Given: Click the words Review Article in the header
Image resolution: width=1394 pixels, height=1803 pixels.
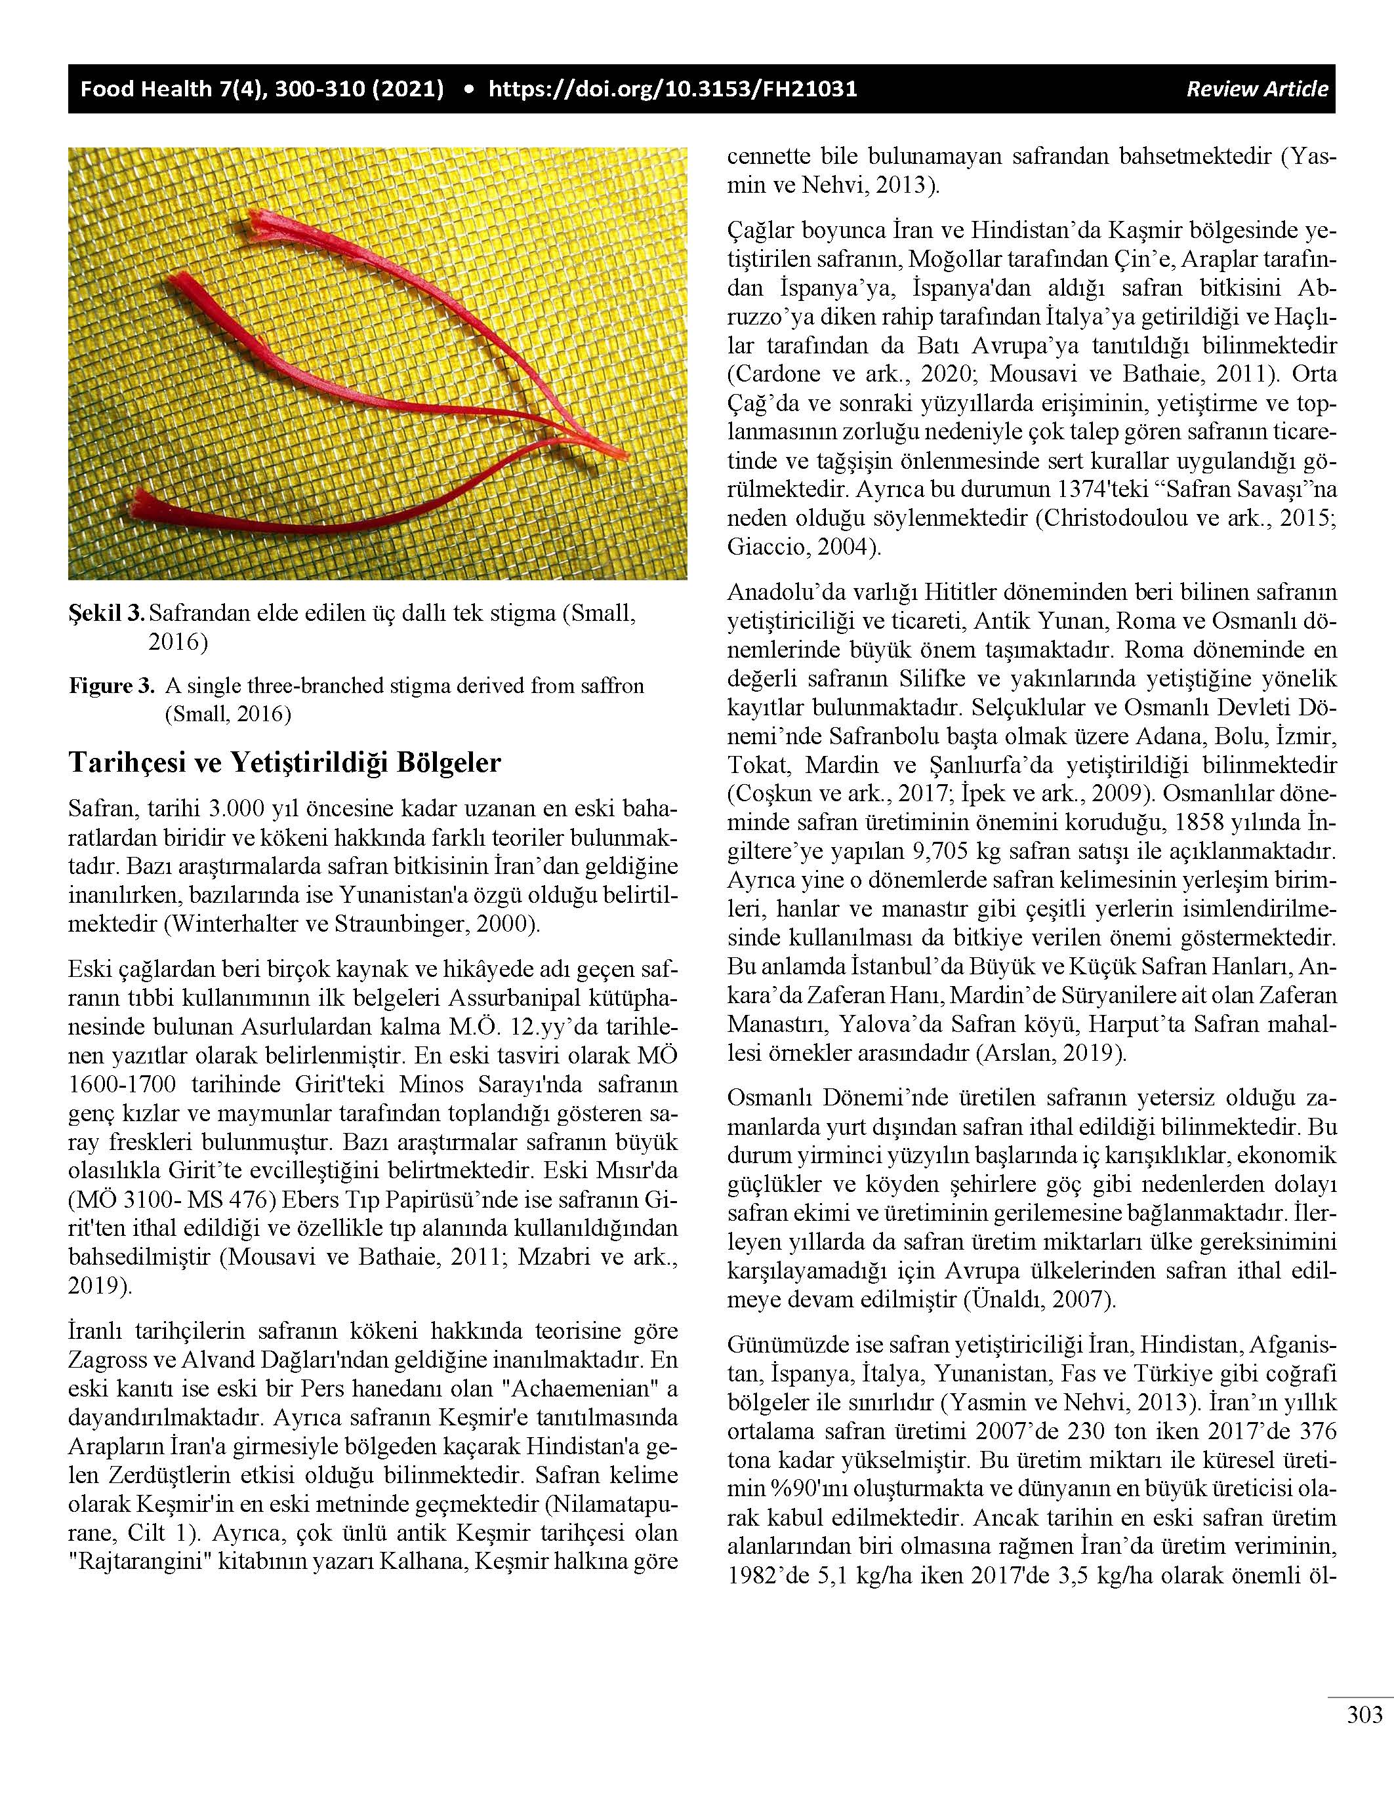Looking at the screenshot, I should click(x=1257, y=89).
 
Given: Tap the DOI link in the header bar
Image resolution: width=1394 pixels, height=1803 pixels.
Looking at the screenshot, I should click(x=673, y=89).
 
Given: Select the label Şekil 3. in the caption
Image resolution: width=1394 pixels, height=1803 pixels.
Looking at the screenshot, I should click(x=106, y=614).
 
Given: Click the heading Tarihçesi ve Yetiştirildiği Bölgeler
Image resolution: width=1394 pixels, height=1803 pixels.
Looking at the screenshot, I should click(x=284, y=762).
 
